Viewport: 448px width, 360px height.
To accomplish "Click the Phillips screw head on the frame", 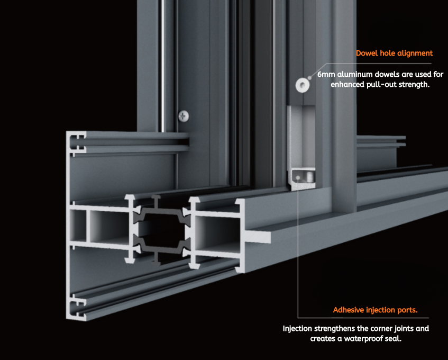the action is (x=184, y=116).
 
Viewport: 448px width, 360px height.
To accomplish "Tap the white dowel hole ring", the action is (x=303, y=85).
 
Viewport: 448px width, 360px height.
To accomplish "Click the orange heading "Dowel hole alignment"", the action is (x=394, y=53).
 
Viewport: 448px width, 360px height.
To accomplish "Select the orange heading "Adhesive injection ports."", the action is (x=375, y=310).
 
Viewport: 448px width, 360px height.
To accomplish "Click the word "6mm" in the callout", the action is (x=326, y=74).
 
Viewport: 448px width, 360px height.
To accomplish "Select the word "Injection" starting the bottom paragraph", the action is (x=297, y=329).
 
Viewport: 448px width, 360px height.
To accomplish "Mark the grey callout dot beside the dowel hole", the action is (x=310, y=77).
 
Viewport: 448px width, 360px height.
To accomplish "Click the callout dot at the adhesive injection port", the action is (x=298, y=178).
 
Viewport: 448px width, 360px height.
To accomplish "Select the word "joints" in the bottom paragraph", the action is (x=404, y=329).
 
